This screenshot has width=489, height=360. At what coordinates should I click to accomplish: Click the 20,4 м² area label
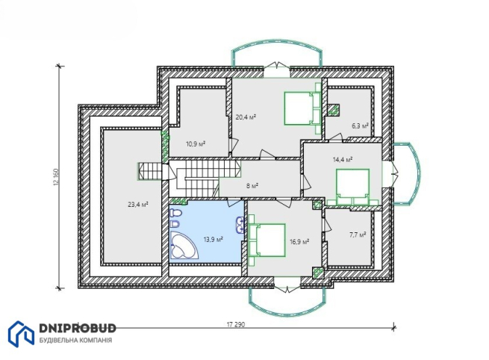click(246, 117)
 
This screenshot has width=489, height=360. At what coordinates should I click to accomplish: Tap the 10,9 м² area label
click(196, 144)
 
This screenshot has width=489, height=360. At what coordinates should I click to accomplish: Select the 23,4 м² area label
click(138, 205)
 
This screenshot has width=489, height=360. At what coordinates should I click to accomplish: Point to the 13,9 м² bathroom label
click(213, 240)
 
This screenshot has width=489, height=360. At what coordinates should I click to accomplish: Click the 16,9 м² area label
click(299, 241)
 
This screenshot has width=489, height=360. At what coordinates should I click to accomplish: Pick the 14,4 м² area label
click(343, 160)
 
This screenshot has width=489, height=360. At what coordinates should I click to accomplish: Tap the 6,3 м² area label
click(360, 125)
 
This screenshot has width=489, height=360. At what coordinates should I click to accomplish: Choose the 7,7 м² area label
click(358, 235)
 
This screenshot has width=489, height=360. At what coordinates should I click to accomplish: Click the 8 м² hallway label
click(252, 186)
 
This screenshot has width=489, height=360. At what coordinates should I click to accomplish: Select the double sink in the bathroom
click(240, 226)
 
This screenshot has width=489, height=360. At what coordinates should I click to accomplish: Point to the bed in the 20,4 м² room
click(302, 108)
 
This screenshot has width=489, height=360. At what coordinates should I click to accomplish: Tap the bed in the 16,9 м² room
click(267, 240)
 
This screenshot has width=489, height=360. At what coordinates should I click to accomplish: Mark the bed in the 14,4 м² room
click(352, 187)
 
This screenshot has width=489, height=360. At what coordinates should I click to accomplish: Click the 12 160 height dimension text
click(56, 177)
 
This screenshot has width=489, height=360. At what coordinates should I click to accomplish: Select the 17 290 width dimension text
click(236, 324)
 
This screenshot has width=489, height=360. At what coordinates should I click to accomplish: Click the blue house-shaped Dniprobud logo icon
click(21, 334)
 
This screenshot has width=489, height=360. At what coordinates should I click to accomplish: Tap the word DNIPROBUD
click(78, 328)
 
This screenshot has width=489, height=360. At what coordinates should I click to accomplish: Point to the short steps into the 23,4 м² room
click(150, 171)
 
